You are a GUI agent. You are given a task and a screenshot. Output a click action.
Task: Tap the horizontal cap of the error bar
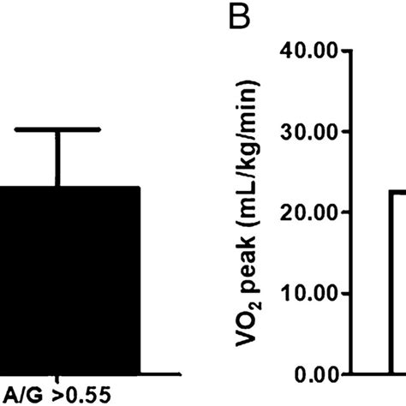[57, 130]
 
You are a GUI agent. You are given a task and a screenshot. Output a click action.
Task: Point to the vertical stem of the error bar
[57, 158]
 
